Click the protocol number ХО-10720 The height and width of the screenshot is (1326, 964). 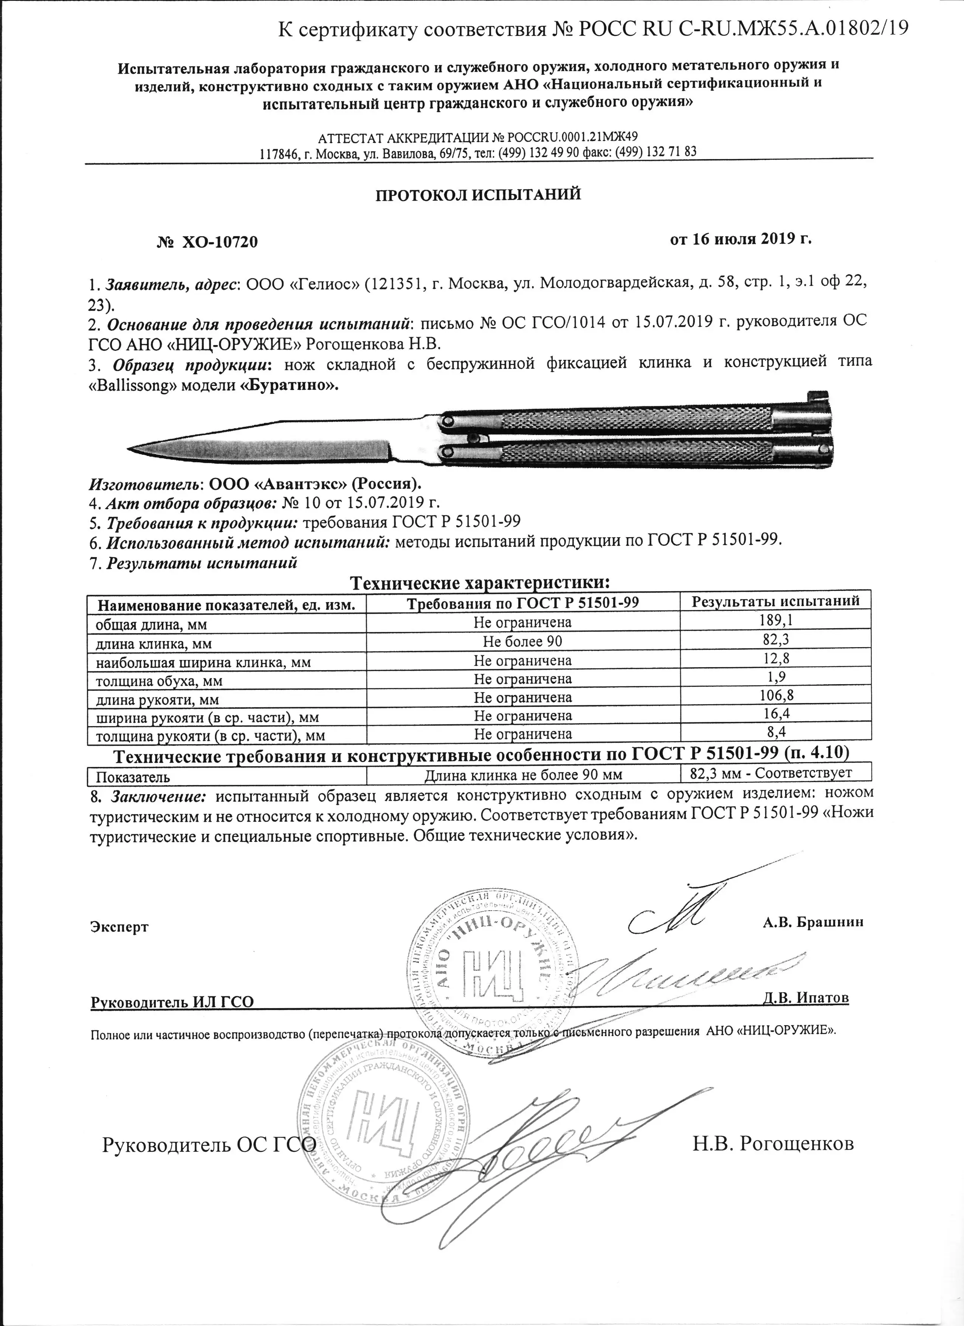[x=219, y=242]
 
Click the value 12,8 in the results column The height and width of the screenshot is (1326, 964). [x=776, y=660]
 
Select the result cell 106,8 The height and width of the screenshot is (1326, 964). [x=776, y=696]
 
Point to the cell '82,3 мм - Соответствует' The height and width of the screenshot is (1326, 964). [x=776, y=773]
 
